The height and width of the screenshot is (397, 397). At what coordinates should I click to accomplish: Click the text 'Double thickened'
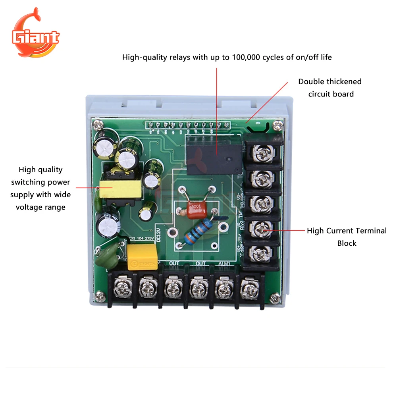pyautogui.click(x=330, y=81)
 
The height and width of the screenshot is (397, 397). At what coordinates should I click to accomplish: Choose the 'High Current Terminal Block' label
pyautogui.click(x=347, y=237)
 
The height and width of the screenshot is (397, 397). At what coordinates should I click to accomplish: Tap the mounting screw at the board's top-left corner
pyautogui.click(x=96, y=125)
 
